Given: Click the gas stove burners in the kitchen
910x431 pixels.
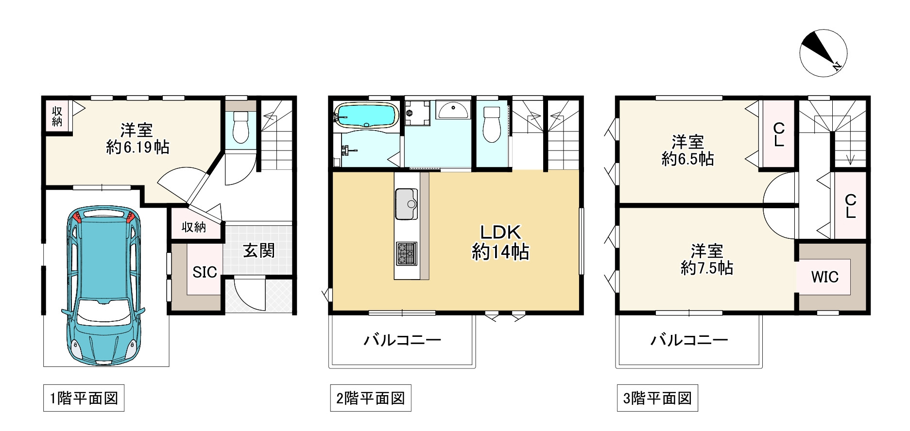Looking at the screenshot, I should [x=406, y=253].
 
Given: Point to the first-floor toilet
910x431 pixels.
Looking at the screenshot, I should [x=240, y=127].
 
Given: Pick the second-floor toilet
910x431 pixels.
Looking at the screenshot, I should [x=492, y=124].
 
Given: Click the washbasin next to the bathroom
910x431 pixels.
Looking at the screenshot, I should [x=452, y=110].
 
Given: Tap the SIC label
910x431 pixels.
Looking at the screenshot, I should [x=205, y=272].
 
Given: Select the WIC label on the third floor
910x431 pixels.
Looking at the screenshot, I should [x=824, y=277].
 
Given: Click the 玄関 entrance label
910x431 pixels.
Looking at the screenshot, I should [x=259, y=251].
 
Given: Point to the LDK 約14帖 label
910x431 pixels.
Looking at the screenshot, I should [x=500, y=242].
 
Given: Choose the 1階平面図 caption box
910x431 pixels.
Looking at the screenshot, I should [x=84, y=398].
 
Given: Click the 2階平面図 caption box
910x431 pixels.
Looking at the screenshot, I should [x=371, y=398].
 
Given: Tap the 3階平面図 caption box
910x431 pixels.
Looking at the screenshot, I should [x=657, y=398].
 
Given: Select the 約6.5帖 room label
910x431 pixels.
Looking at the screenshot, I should [x=687, y=150].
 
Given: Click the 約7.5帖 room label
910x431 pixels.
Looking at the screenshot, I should [x=707, y=259].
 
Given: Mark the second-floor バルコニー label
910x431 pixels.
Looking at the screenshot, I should [x=402, y=340].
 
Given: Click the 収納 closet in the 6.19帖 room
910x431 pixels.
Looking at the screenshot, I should [x=57, y=116].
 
